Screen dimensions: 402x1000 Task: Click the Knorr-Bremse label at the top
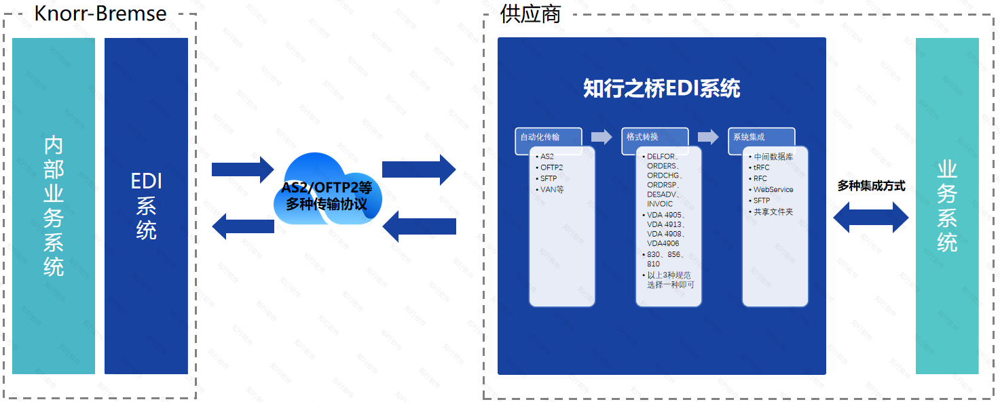point(100,13)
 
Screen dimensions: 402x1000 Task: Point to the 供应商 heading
point(530,14)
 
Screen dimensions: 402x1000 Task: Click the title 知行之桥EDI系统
point(661,89)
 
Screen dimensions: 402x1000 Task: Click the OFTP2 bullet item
point(552,167)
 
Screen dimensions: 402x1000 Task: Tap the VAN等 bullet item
point(552,189)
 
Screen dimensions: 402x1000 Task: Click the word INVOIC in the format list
point(660,204)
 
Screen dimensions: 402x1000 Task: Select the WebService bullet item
point(773,190)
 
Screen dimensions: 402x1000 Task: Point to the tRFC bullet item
point(762,167)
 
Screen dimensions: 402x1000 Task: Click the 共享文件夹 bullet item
point(773,212)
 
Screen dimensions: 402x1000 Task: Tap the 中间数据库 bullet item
point(773,157)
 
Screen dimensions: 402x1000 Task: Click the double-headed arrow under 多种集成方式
point(871,218)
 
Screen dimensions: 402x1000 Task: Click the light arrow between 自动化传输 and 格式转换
point(601,137)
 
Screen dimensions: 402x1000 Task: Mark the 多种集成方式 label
point(871,186)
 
